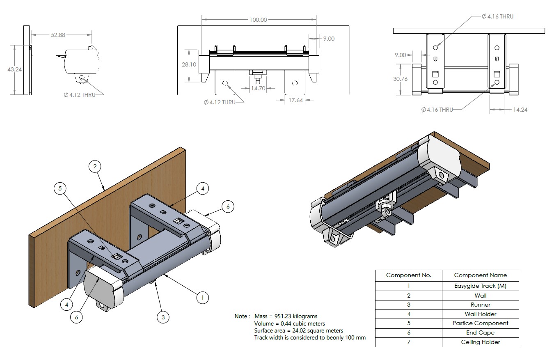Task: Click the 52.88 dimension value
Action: click(x=58, y=35)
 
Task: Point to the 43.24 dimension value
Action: click(x=15, y=69)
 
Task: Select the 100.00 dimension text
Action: click(x=258, y=20)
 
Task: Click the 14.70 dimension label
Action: click(x=258, y=88)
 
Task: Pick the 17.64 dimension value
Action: click(x=295, y=100)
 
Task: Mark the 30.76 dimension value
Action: click(x=400, y=79)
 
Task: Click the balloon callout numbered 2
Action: click(x=95, y=166)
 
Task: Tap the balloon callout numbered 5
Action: click(x=60, y=188)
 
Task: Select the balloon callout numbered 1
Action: click(x=202, y=297)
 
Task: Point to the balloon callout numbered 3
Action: click(x=163, y=317)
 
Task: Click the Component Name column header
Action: click(x=480, y=275)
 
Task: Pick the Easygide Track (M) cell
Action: click(x=480, y=286)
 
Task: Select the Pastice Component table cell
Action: click(x=480, y=323)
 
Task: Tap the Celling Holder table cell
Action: click(x=480, y=342)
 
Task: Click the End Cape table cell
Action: click(x=480, y=332)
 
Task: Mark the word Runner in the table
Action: click(x=480, y=305)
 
